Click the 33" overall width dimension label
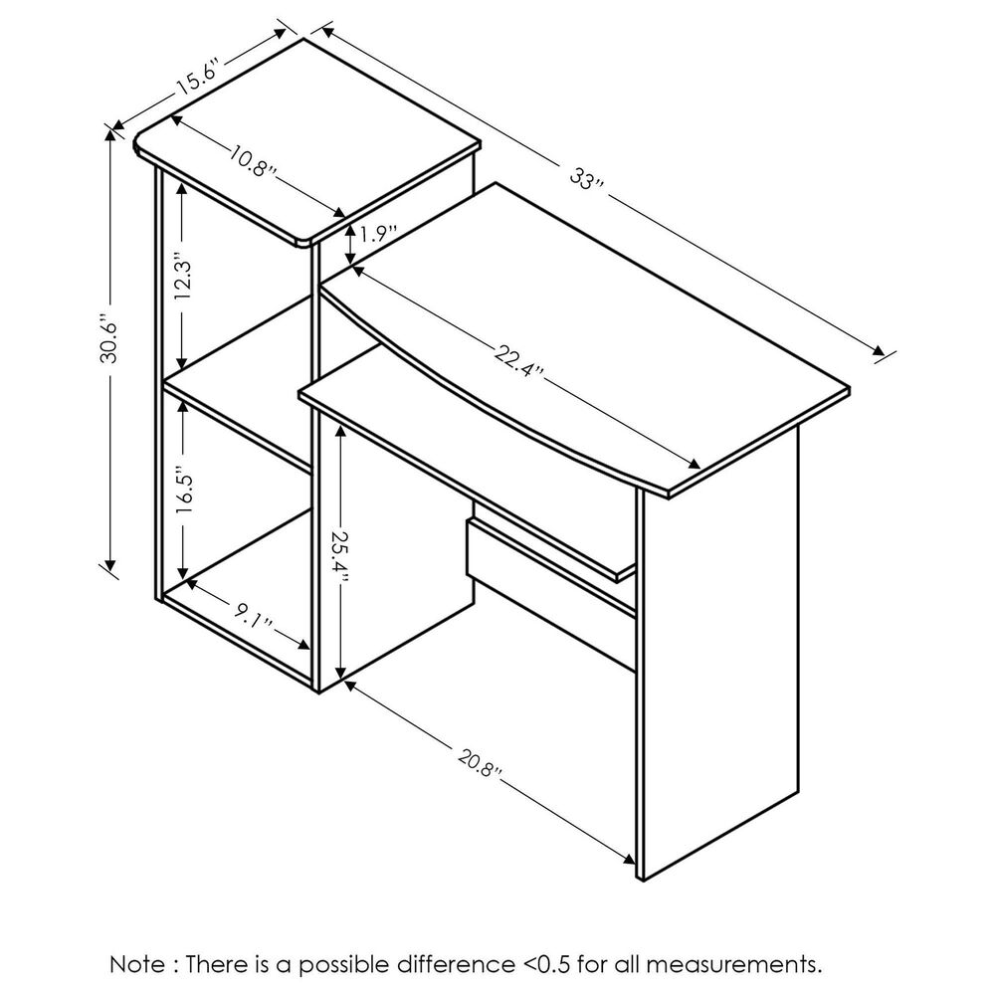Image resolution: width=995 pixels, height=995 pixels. click(588, 178)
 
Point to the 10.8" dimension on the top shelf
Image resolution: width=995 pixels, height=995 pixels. click(253, 162)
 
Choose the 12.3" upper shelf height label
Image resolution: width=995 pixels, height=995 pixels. click(184, 280)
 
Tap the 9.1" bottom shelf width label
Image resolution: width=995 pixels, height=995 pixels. click(252, 616)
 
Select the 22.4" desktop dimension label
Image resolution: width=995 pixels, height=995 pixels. click(518, 362)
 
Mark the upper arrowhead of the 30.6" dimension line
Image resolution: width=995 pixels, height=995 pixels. click(111, 135)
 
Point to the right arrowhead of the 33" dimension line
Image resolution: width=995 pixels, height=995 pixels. click(880, 351)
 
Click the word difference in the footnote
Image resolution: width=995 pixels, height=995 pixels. click(456, 965)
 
